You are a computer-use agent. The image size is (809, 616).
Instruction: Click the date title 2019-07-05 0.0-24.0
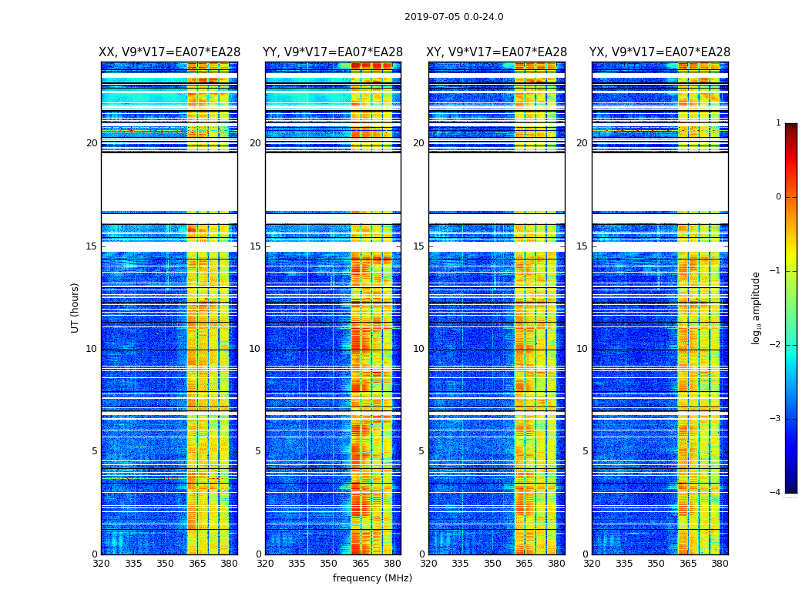[454, 17]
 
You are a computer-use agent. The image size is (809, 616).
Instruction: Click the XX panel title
[170, 52]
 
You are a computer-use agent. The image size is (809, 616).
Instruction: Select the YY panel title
[333, 52]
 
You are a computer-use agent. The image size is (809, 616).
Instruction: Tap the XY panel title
[497, 52]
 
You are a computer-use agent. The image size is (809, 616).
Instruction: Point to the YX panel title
[660, 52]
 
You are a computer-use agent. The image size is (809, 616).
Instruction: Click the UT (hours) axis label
[76, 307]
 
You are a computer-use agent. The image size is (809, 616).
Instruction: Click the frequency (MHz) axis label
[372, 578]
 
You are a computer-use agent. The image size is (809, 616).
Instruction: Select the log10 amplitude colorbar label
[757, 307]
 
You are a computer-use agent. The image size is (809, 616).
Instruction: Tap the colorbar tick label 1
[778, 123]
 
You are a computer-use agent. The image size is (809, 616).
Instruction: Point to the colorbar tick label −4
[776, 493]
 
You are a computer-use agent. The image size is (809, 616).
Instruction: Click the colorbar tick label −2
[776, 345]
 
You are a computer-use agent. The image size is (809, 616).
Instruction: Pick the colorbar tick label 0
[778, 197]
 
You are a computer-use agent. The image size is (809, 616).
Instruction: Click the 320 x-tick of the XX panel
[101, 564]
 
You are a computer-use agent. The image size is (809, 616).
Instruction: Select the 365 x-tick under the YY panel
[361, 564]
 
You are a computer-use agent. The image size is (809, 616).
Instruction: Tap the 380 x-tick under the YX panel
[720, 564]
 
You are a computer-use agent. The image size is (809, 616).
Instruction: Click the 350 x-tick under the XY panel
[492, 564]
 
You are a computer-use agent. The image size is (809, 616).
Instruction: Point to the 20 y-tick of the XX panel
[92, 143]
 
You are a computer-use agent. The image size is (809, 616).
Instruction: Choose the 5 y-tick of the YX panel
[585, 451]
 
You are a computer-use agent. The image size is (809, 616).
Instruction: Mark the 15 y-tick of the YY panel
[255, 246]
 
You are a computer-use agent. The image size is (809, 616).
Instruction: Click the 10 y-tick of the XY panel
[418, 349]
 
